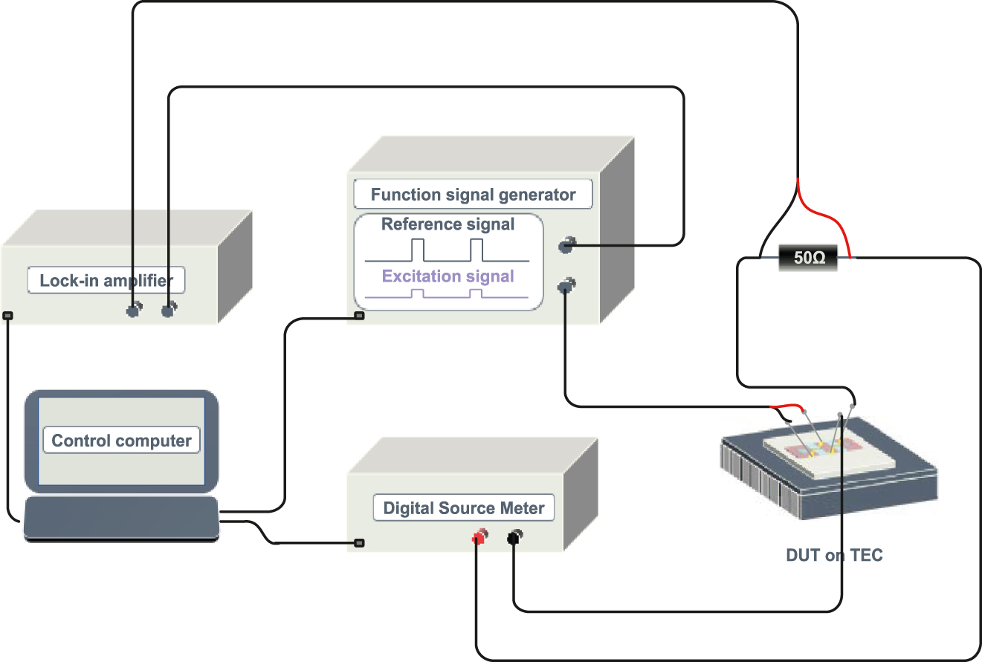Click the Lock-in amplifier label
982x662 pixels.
[x=106, y=281]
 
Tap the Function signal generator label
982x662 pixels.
[x=473, y=195]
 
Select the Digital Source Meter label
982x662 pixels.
[x=463, y=509]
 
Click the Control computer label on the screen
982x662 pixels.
[x=121, y=441]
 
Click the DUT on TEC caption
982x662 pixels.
[x=834, y=555]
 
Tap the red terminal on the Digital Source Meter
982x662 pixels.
[x=480, y=536]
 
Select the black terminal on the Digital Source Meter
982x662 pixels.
[x=514, y=536]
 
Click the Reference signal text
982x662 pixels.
[x=448, y=224]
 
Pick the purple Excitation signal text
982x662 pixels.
[x=448, y=276]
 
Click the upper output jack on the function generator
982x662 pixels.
[x=567, y=244]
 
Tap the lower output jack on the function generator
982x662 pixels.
[x=566, y=285]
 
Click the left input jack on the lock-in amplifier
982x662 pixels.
[x=133, y=310]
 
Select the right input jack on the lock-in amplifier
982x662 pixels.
[x=169, y=310]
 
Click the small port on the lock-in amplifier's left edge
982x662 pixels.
[x=8, y=316]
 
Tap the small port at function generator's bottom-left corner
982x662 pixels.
[x=359, y=316]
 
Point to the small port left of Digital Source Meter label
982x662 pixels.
[x=359, y=543]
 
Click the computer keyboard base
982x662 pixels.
[x=121, y=518]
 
